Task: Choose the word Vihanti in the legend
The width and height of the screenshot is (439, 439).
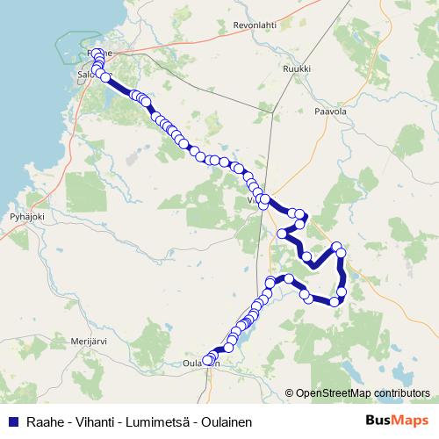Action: click(94, 421)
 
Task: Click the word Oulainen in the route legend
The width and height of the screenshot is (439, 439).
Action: click(226, 421)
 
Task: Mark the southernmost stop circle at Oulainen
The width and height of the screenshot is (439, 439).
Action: click(208, 361)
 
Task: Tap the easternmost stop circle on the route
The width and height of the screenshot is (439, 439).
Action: click(342, 253)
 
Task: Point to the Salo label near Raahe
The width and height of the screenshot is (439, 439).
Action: click(85, 76)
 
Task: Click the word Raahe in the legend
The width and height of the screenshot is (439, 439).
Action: click(44, 421)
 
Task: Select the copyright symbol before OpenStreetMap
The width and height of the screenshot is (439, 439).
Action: click(289, 393)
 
